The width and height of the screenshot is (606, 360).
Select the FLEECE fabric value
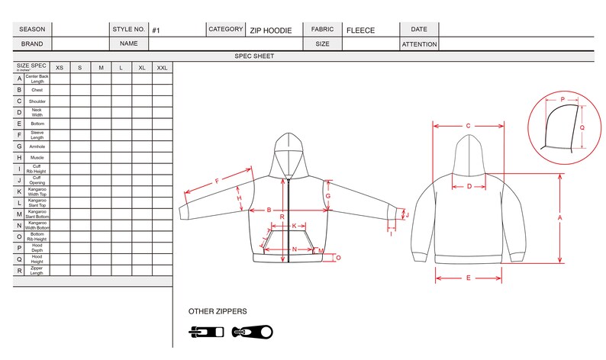[360, 31]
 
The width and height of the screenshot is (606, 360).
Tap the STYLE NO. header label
[128, 30]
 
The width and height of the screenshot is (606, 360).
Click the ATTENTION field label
[419, 44]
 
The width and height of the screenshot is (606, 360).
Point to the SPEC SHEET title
[254, 56]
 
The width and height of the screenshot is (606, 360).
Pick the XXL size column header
[162, 68]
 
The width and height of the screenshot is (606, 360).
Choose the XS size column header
[60, 68]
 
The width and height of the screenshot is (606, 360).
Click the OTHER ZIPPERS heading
[218, 311]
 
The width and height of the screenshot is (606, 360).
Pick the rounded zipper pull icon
[252, 332]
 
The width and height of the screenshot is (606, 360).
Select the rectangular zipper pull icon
[207, 332]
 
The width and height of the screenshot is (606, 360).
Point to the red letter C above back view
[468, 126]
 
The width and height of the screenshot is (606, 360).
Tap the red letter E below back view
[468, 278]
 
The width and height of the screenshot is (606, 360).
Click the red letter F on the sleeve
[217, 182]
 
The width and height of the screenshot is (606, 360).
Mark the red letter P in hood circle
[562, 100]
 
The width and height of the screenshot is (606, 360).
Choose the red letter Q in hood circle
[582, 128]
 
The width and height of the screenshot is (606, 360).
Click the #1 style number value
[156, 31]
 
